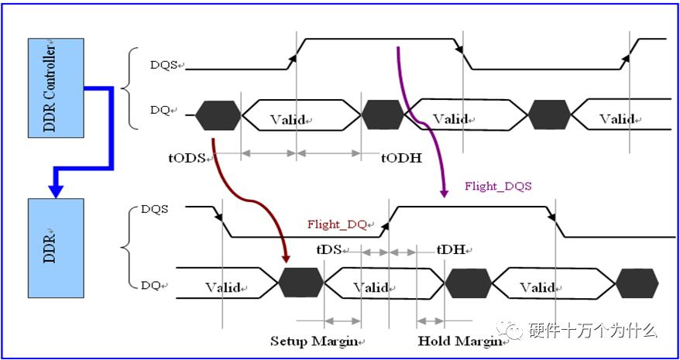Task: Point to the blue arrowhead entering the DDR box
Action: pos(56,190)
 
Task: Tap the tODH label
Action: pos(400,158)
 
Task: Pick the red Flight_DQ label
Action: pos(338,225)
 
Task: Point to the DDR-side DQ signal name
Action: pos(151,285)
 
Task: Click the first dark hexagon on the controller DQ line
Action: pos(218,115)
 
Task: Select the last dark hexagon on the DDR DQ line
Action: pos(637,283)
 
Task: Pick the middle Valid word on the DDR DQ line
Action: pos(371,287)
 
